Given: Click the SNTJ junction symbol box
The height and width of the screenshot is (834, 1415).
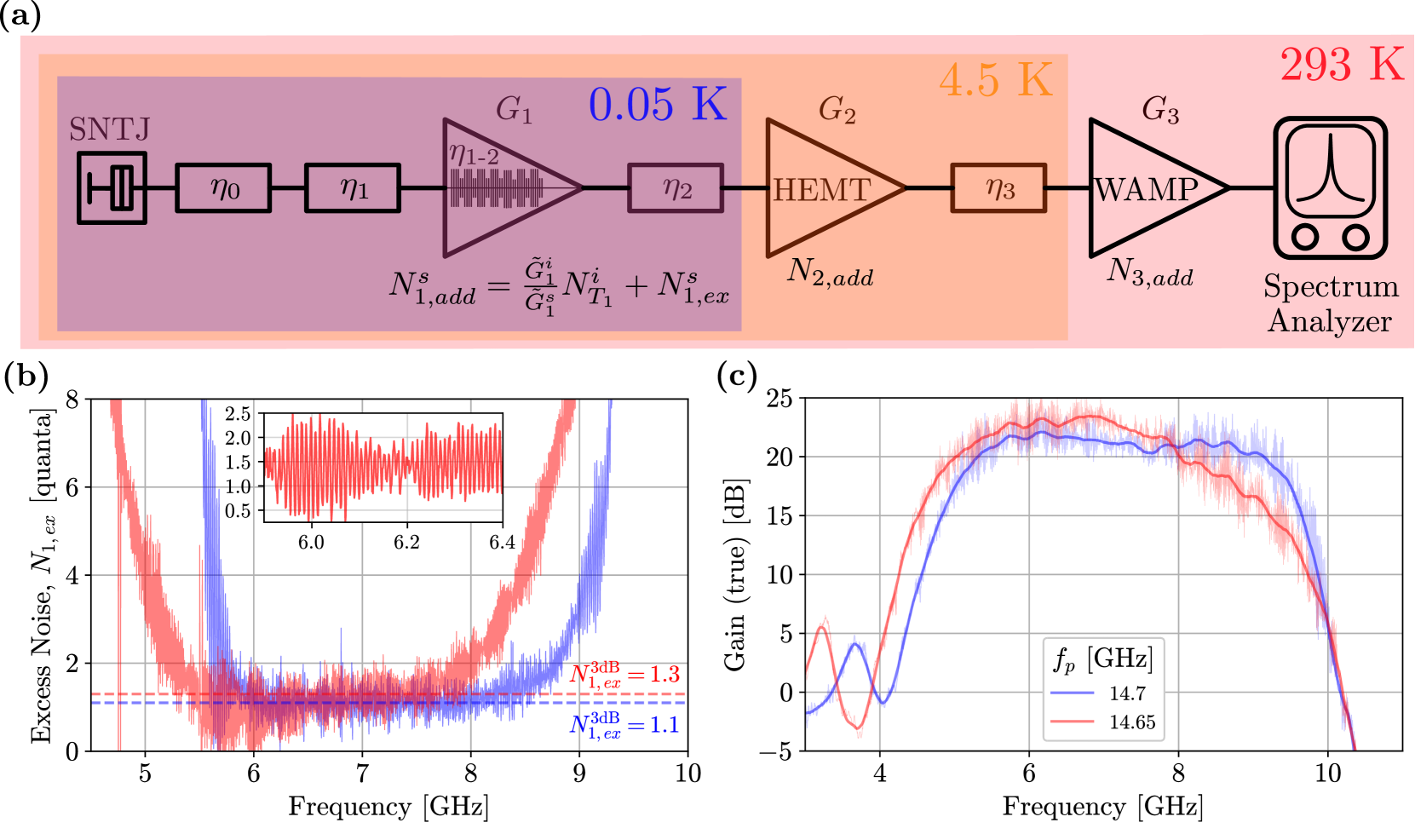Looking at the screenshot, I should point(112,187).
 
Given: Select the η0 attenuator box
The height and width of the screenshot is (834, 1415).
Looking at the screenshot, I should point(223,187).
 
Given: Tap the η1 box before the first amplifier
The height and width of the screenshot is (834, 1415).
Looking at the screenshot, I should point(353,187).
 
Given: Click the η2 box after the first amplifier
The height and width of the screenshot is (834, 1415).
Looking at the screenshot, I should point(676,187).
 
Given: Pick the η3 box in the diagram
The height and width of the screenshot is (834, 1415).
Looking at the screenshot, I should point(998,187).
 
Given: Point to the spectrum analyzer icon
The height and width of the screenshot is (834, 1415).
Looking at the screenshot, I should point(1330,188).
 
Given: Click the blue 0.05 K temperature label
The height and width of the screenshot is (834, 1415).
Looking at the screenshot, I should point(658,104).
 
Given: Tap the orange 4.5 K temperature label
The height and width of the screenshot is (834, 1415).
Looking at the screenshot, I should point(996,81).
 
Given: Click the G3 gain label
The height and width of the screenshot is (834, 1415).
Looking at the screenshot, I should point(1160,110).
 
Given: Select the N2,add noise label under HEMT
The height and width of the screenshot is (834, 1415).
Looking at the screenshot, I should point(831,272).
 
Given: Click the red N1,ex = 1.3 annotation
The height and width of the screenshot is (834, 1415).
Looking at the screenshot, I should point(624,675).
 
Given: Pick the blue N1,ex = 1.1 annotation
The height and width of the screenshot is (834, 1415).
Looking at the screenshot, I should point(624,725).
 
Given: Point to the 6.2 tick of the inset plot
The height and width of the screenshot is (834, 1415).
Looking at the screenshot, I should point(406,543).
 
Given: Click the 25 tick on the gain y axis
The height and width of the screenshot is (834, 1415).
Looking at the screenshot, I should point(779,398).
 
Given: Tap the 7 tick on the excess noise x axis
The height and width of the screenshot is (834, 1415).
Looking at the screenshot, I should point(362,774).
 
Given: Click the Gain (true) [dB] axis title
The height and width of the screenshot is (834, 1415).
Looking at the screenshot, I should point(735,575).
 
